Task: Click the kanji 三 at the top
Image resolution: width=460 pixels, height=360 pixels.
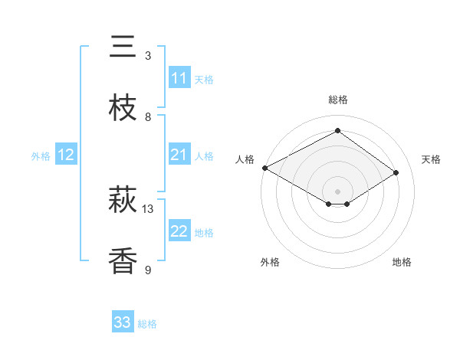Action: pos(123,47)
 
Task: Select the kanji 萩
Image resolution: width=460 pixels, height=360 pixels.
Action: pos(123,201)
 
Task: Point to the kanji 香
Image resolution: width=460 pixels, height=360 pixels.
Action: pos(123,261)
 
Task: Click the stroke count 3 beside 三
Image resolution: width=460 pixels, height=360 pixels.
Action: pos(148,56)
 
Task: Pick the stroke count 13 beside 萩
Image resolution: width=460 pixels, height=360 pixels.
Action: pos(148,209)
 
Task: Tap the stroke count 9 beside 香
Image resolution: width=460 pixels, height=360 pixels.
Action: pos(148,270)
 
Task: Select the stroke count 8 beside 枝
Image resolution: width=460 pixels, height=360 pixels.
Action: pos(148,116)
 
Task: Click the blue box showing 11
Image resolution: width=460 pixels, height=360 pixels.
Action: pos(179,78)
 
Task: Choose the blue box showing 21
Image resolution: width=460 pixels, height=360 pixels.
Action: pos(179,155)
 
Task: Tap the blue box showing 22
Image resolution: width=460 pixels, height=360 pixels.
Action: pos(179,231)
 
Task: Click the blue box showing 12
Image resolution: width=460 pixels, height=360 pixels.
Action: pos(65,155)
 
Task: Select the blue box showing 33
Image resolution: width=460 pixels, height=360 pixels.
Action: pos(123,322)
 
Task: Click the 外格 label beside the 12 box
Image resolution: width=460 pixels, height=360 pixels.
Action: pos(41,155)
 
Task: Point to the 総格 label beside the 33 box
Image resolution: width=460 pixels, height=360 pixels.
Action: pos(147,324)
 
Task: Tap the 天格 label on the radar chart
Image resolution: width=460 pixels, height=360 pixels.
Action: pos(431,159)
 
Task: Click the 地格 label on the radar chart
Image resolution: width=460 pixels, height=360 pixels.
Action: pos(402,262)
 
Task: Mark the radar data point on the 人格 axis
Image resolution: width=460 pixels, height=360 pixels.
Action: pos(264,167)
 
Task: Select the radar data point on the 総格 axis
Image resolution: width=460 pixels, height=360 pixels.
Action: pos(337,131)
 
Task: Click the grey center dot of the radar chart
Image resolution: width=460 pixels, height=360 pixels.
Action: pos(337,190)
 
